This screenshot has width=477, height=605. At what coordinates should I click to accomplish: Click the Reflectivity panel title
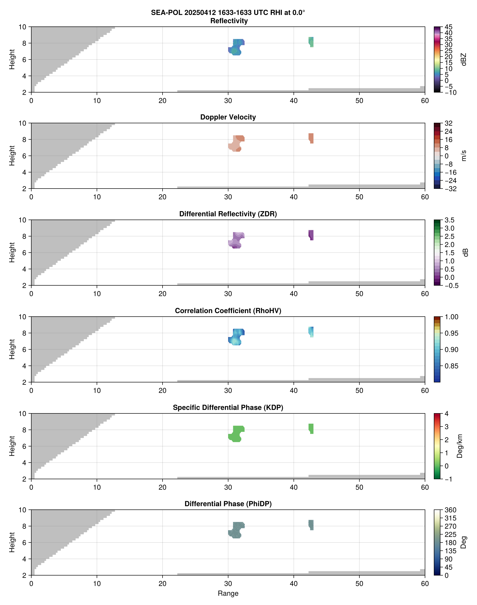(229, 21)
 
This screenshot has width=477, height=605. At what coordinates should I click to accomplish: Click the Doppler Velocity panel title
(228, 117)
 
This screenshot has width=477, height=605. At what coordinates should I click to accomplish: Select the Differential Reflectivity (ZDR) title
(228, 214)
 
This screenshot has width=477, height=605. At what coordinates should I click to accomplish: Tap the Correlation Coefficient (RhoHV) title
(228, 311)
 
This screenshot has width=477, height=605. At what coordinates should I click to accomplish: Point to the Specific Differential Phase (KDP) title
(228, 408)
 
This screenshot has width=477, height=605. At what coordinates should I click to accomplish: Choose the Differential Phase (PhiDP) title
(228, 504)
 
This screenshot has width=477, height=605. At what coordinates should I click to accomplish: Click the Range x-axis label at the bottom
(228, 593)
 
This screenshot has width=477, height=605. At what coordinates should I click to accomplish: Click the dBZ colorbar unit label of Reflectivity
(464, 59)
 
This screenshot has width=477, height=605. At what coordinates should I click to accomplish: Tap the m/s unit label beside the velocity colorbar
(464, 156)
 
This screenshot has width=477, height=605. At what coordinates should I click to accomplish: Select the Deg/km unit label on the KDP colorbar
(460, 446)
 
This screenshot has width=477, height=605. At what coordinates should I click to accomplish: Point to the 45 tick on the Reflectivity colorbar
(448, 27)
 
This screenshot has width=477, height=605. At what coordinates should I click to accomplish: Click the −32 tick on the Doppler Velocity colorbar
(450, 189)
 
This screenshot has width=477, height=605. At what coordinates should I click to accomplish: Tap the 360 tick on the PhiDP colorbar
(450, 510)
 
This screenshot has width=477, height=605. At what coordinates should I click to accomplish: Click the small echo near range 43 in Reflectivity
(311, 42)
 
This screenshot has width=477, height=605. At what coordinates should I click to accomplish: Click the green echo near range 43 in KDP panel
(311, 428)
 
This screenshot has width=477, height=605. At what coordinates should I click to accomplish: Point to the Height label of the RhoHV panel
(12, 349)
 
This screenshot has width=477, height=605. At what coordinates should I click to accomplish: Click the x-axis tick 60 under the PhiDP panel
(425, 584)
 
